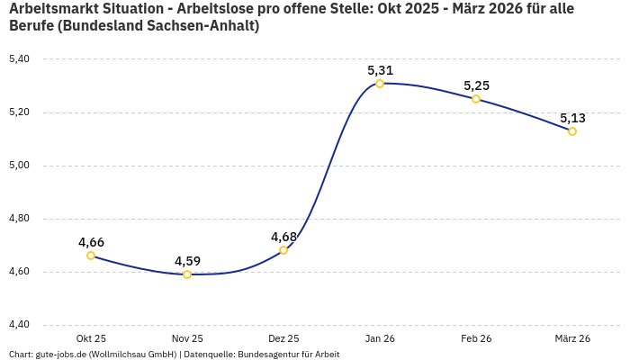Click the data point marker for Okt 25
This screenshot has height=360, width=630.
tap(91, 256)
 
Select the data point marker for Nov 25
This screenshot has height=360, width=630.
tap(187, 274)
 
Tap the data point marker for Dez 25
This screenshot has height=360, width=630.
tap(283, 250)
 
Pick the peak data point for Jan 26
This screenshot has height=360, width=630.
tap(380, 84)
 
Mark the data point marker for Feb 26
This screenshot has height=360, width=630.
tap(476, 99)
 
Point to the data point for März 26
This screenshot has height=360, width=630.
tap(572, 131)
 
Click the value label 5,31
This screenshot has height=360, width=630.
tap(380, 70)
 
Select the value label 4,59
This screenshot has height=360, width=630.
tap(187, 261)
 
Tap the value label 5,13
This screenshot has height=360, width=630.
tap(572, 118)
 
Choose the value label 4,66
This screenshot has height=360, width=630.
tap(91, 242)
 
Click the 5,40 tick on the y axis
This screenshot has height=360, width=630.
tap(19, 59)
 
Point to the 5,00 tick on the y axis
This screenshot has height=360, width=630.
tap(19, 166)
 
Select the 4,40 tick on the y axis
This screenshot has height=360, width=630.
tap(19, 325)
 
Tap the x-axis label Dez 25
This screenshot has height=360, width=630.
tap(283, 338)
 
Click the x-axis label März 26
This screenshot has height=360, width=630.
tap(572, 338)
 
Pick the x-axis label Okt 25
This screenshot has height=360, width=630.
tap(91, 338)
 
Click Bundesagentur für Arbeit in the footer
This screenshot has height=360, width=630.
tap(288, 355)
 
